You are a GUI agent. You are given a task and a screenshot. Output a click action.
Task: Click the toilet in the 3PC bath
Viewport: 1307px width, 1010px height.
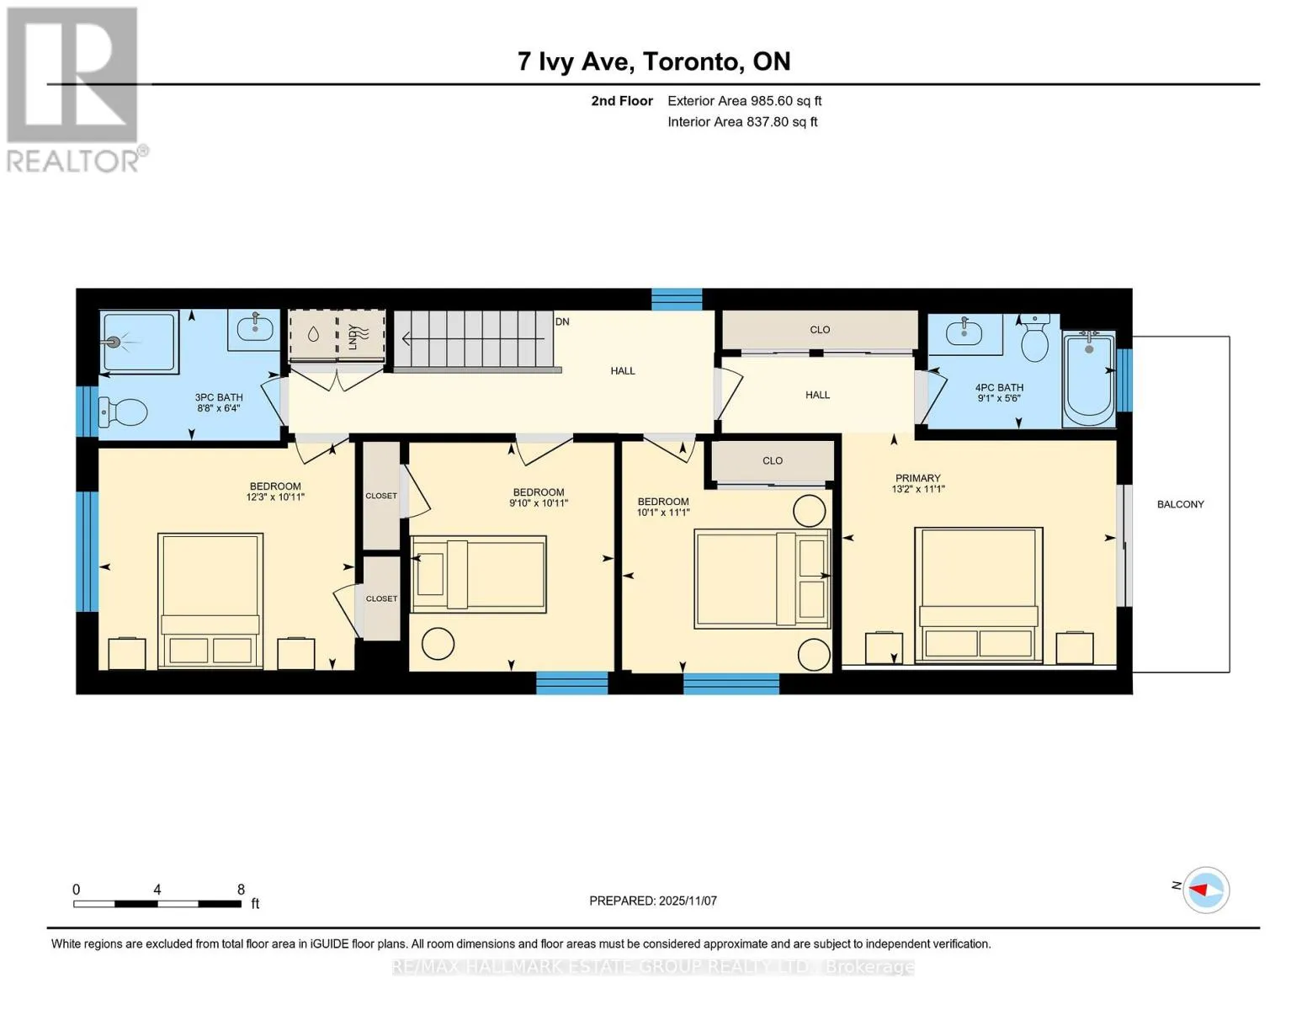(x=123, y=412)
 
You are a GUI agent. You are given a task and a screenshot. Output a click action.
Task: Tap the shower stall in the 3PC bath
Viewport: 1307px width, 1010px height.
(x=139, y=342)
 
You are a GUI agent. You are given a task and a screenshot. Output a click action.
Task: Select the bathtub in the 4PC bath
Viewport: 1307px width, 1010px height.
(x=1089, y=379)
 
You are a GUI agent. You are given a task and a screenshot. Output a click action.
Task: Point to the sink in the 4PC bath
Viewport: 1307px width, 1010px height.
(x=964, y=332)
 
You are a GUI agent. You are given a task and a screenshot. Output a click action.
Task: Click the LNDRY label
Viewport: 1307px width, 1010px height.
(x=353, y=337)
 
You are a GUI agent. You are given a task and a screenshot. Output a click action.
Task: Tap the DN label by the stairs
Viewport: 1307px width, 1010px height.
(x=562, y=322)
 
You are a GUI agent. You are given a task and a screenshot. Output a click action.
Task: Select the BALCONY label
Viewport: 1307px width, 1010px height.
(x=1180, y=504)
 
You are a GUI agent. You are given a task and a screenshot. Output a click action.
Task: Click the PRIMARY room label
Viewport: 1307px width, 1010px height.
(x=917, y=478)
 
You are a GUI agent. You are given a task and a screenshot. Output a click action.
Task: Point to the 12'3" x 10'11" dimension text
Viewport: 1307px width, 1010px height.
(x=275, y=497)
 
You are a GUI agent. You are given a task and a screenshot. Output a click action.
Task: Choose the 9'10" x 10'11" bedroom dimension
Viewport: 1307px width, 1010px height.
(x=539, y=502)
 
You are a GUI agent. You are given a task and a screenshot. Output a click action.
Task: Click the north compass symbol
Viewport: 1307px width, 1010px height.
(x=1205, y=890)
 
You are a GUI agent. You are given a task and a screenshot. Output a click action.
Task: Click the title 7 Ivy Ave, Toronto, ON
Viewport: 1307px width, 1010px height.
(x=654, y=61)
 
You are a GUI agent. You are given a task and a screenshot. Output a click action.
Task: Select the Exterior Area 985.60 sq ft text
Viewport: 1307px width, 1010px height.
(x=744, y=101)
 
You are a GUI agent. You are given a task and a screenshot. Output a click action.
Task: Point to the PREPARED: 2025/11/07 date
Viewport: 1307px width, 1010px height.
(x=652, y=901)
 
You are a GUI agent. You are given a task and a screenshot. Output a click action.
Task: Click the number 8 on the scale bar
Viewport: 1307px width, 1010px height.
(x=241, y=889)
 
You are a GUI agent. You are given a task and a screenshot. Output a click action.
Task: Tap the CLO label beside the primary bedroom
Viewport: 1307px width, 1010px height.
(x=773, y=460)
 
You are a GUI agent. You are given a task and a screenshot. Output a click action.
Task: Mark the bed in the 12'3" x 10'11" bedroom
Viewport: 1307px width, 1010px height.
(x=210, y=600)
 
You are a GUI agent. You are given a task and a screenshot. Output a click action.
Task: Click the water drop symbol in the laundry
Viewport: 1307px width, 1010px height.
(x=313, y=334)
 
